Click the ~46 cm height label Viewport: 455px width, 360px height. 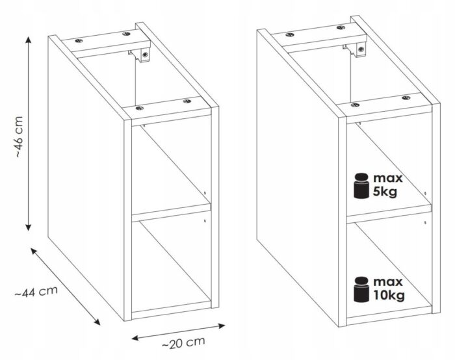click(19, 137)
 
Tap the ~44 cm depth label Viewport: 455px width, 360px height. click(36, 292)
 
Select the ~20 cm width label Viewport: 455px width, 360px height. click(183, 343)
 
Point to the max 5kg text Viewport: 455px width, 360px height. click(387, 185)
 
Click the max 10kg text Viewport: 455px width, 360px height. click(389, 289)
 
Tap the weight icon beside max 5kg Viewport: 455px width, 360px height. click(361, 186)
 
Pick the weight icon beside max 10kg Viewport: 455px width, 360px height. click(361, 290)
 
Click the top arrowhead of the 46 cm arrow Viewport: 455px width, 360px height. click(28, 40)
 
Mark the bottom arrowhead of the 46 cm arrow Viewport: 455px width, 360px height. click(28, 227)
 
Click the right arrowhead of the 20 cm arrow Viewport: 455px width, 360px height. click(222, 326)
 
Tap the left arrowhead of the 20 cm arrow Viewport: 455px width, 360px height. click(135, 338)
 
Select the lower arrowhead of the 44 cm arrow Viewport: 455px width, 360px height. click(97, 322)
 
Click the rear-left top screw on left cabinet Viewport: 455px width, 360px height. click(79, 41)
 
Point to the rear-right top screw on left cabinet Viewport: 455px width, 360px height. click(126, 34)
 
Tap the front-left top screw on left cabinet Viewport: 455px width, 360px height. click(140, 109)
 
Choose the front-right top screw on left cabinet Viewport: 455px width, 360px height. click(187, 101)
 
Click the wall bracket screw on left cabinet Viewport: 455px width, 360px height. click(146, 54)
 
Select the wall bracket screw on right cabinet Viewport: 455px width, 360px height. click(361, 49)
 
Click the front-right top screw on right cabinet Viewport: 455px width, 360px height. click(406, 98)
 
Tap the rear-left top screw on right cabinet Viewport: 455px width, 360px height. click(290, 35)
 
